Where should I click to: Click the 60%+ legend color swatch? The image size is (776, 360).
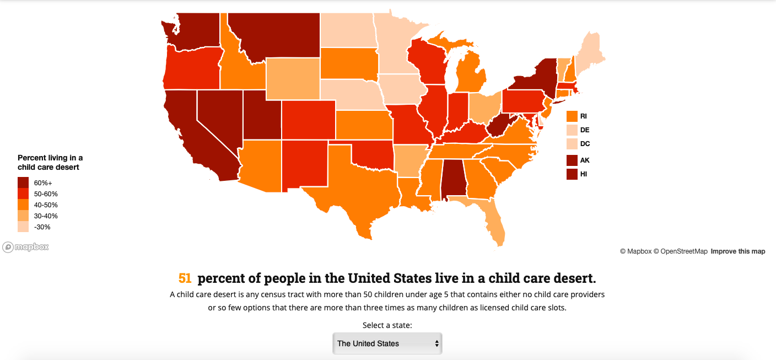23,182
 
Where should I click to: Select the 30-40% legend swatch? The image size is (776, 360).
23,216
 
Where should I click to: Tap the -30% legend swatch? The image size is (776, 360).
23,227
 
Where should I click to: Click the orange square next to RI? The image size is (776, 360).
572,116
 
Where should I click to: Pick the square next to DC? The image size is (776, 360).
572,144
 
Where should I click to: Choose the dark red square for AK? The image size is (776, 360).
572,160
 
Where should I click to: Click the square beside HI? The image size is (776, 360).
572,174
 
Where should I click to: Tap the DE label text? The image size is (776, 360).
585,130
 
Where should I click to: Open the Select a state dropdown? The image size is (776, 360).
387,343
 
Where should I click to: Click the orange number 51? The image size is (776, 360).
185,278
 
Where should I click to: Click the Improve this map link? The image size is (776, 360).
737,251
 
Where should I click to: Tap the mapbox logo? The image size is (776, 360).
26,247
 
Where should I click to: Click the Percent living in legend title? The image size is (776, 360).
50,162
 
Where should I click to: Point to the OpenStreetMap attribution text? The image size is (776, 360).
680,251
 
